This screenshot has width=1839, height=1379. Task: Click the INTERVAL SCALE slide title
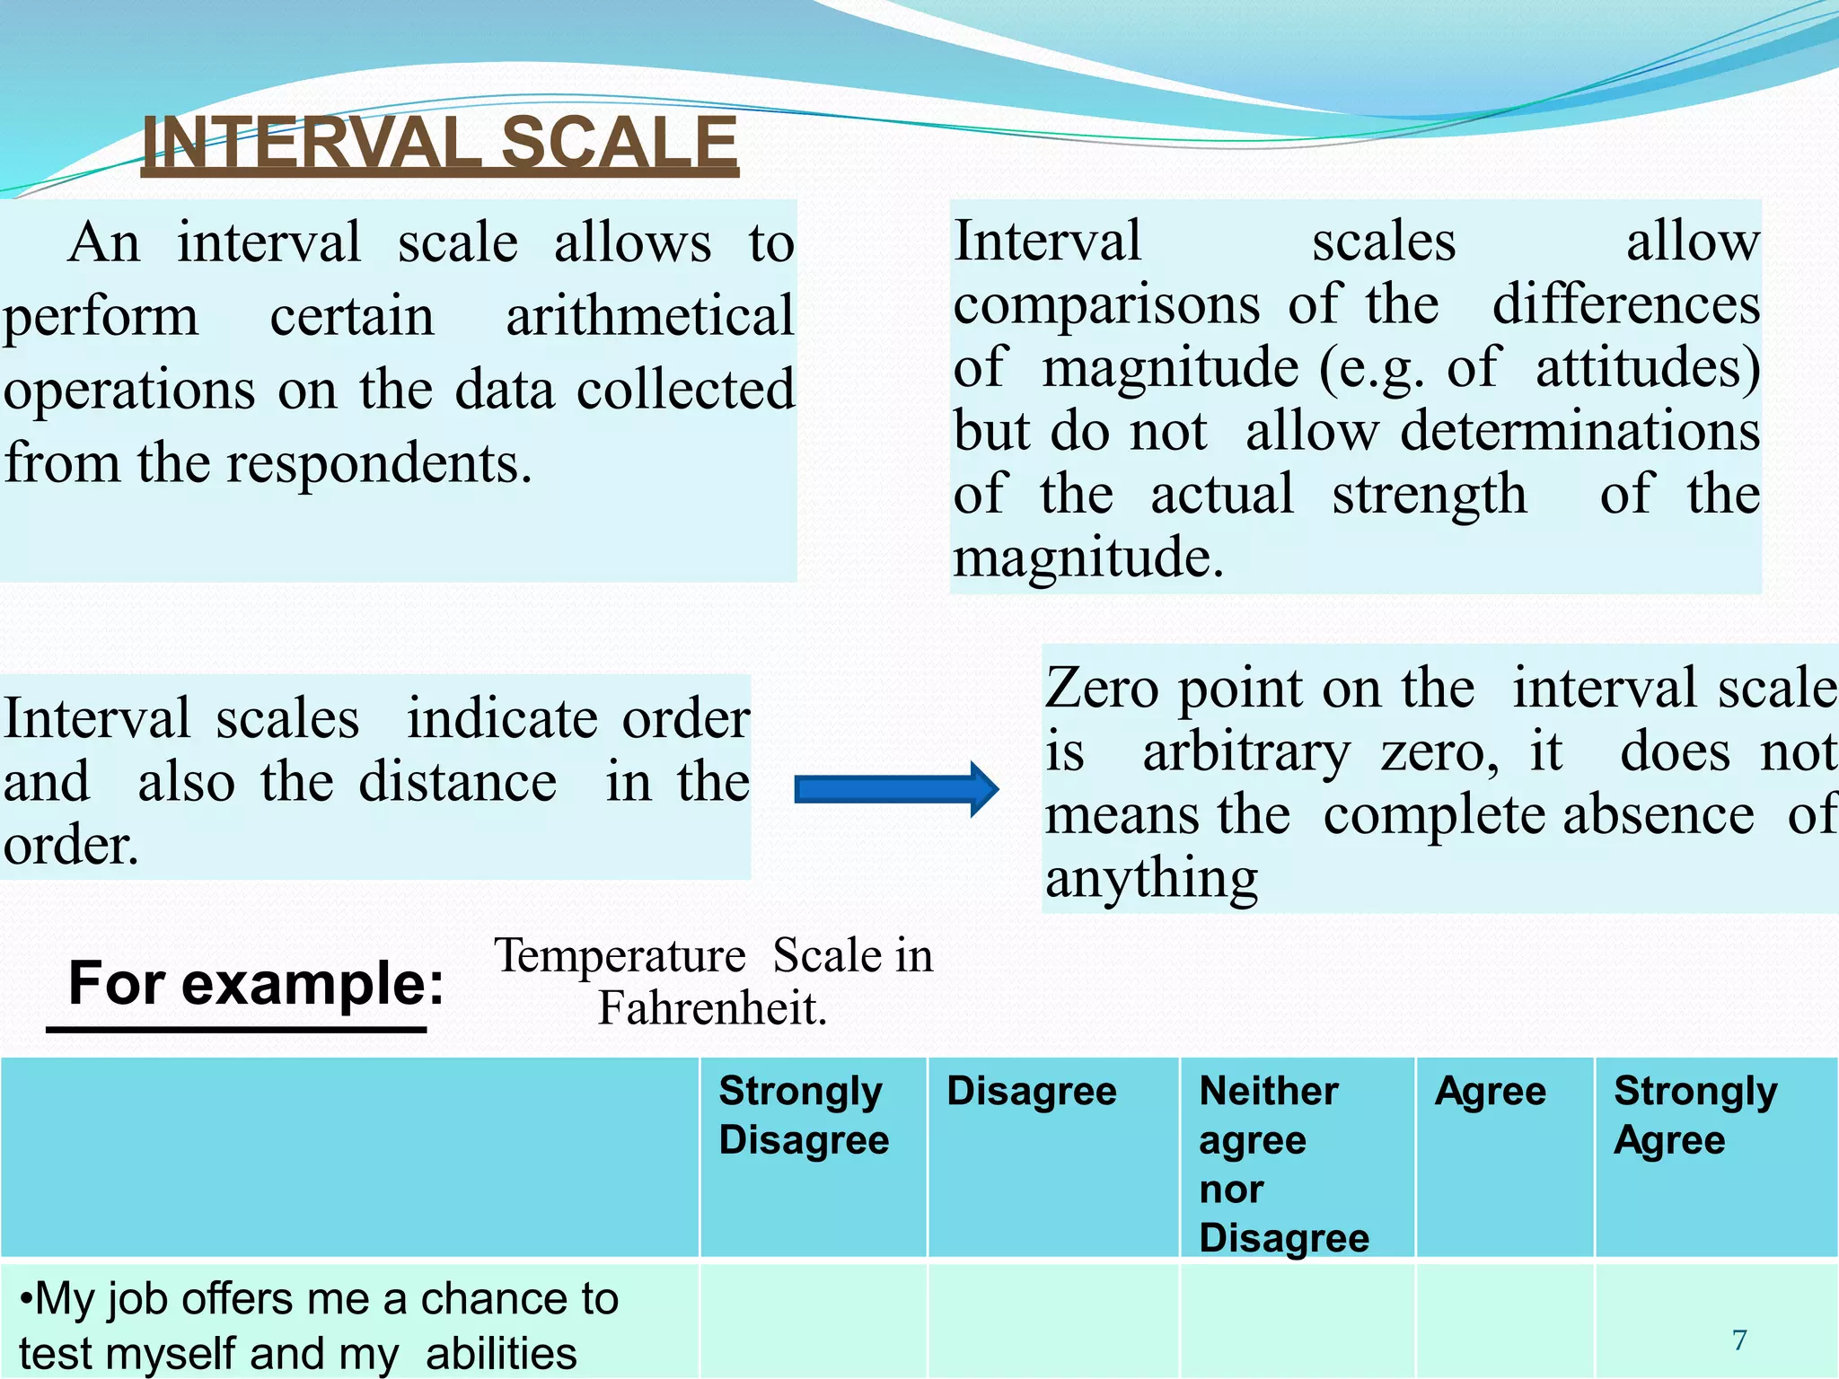click(x=440, y=144)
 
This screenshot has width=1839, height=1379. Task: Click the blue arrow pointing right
click(x=896, y=789)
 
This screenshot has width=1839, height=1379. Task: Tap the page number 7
click(x=1739, y=1339)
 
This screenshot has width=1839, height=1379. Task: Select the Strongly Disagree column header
click(x=803, y=1116)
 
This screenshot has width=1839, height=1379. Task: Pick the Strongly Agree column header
click(x=1694, y=1116)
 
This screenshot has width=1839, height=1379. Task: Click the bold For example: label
click(x=256, y=983)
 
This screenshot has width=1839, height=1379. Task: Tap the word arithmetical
click(x=649, y=316)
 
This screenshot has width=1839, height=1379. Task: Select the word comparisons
click(x=1106, y=305)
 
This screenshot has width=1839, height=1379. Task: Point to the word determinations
click(x=1579, y=431)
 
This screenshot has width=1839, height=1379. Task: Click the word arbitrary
click(x=1245, y=751)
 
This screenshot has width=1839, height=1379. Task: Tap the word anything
click(x=1151, y=878)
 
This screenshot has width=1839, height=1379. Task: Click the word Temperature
click(x=620, y=955)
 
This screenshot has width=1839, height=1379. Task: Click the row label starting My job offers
click(x=319, y=1324)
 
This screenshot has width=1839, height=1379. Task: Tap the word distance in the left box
click(x=457, y=782)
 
